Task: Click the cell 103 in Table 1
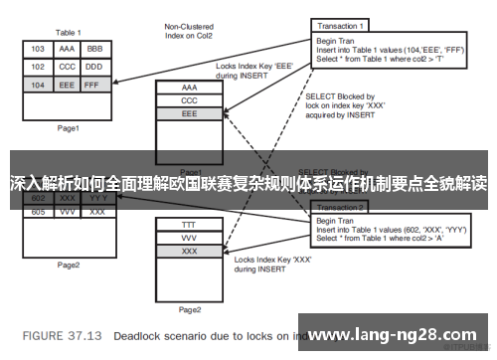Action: (x=38, y=48)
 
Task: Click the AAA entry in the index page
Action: (x=190, y=88)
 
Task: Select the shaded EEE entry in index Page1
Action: (x=190, y=114)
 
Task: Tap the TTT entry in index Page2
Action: (x=190, y=226)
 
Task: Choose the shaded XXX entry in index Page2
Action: (x=190, y=253)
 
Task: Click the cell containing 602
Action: (x=38, y=198)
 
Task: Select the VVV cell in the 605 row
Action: (x=68, y=212)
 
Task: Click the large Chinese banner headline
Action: (x=248, y=184)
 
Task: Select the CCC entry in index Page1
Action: (x=190, y=100)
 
